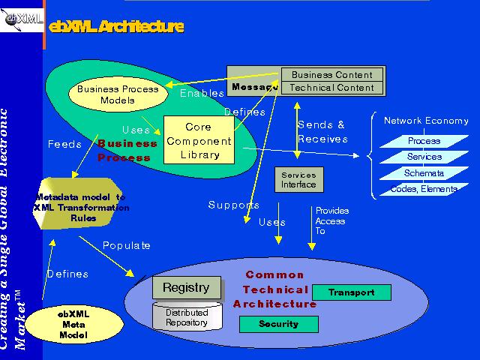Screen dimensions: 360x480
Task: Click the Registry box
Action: (186, 287)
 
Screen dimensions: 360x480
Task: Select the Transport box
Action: (352, 292)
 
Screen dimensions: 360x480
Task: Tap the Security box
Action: (278, 324)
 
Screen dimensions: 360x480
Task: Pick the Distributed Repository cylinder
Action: (187, 317)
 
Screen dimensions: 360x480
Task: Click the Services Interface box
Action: (298, 180)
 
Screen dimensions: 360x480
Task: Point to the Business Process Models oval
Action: (118, 94)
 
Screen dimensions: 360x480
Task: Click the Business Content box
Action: (331, 75)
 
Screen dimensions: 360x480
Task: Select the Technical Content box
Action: (331, 88)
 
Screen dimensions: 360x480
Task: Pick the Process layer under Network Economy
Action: (424, 141)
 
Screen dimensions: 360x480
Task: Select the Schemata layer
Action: (424, 173)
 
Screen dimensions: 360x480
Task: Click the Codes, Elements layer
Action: (423, 189)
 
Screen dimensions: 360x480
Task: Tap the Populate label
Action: (127, 245)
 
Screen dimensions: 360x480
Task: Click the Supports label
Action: (234, 205)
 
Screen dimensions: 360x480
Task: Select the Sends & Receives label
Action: (322, 132)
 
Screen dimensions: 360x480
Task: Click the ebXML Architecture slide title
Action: (115, 27)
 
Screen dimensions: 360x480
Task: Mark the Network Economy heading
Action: (426, 121)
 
